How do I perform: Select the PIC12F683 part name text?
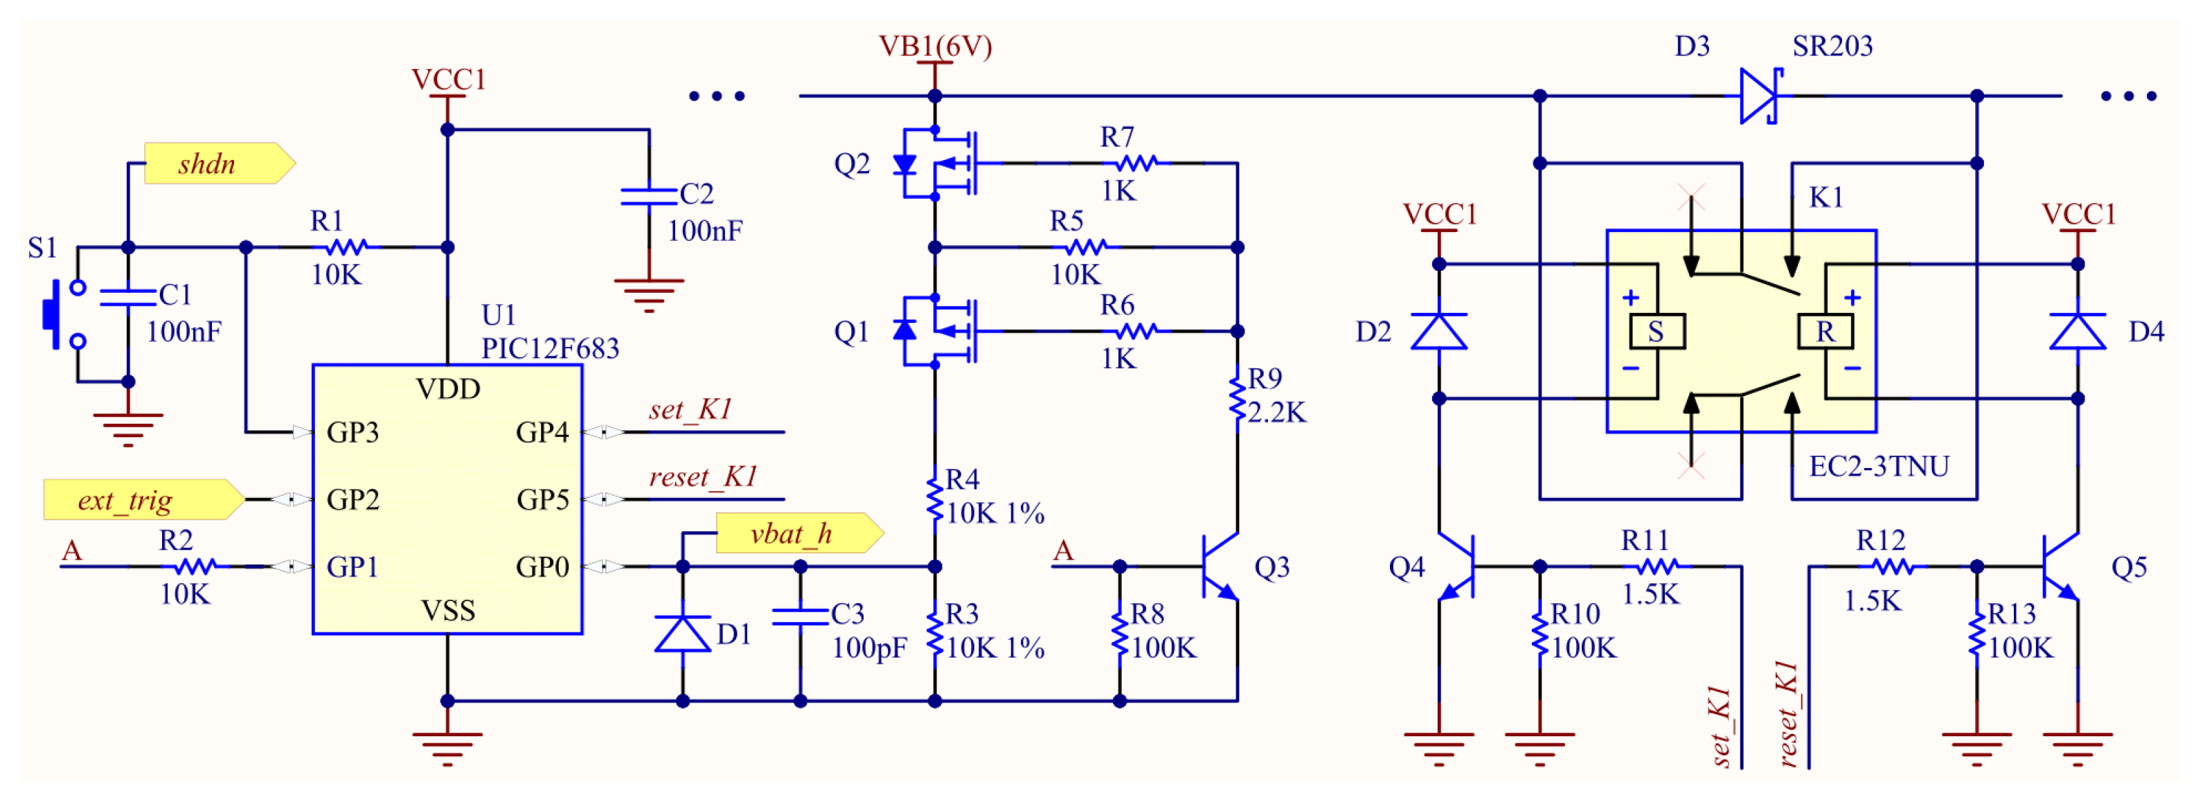(550, 348)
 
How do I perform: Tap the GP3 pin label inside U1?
(352, 432)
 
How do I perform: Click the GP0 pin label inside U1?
(542, 567)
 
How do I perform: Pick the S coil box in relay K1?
(1657, 331)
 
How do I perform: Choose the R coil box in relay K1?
(1824, 331)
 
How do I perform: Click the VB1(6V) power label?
(935, 46)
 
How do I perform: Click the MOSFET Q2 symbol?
(937, 163)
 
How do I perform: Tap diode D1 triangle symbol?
(682, 634)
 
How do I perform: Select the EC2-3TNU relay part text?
(1878, 466)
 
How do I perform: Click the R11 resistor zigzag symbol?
(1657, 566)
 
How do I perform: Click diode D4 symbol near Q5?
(2078, 331)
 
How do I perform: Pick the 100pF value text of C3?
(869, 648)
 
